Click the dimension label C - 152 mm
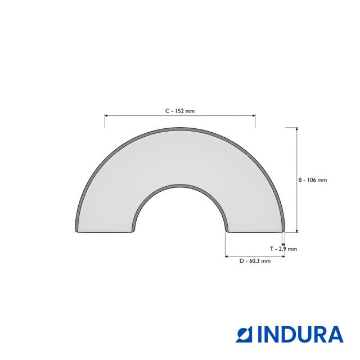(180, 111)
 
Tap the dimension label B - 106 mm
(312, 180)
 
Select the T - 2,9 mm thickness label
(283, 249)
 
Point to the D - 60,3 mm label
(255, 261)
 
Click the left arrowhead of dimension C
(106, 115)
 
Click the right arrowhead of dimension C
(254, 115)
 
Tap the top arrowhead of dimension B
(297, 129)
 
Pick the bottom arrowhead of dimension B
(297, 231)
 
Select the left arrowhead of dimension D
(227, 256)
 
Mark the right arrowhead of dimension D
(283, 256)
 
